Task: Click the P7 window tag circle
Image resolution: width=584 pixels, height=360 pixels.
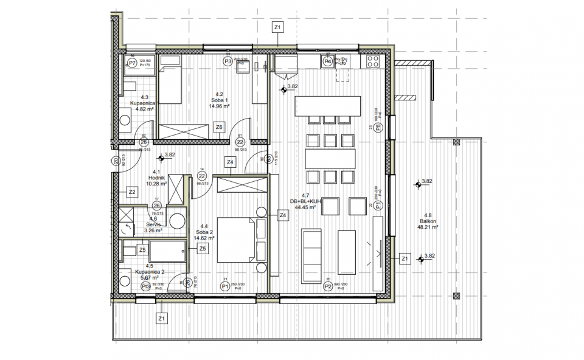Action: pos(132,62)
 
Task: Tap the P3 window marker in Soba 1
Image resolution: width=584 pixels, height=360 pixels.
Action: pos(228,61)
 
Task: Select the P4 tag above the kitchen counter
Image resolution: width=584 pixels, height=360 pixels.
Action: pos(327,61)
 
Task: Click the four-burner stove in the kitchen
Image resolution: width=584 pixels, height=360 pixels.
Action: pos(372,61)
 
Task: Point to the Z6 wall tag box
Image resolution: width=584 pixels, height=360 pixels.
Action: pos(219,126)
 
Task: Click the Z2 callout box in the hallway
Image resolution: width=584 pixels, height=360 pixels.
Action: pos(132,192)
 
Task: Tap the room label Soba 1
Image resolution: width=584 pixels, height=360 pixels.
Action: pos(220,100)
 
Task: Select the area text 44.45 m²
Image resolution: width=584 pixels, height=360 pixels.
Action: pos(305,207)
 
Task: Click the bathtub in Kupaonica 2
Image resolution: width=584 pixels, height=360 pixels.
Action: pos(167,251)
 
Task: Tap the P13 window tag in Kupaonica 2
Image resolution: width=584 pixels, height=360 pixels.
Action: pos(146,286)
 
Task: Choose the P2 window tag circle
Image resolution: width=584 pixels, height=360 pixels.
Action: pos(328,286)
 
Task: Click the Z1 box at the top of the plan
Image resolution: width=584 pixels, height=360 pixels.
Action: pos(277,27)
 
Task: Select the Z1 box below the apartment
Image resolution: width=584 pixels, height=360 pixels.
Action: pos(162,318)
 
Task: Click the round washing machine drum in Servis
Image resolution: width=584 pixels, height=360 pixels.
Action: pos(178,220)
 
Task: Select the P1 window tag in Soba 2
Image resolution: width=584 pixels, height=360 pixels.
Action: pos(224,286)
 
